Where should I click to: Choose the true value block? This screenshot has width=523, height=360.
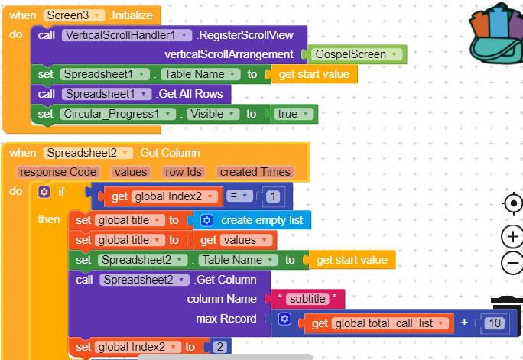(x=294, y=114)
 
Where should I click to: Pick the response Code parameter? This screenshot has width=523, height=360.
(x=58, y=172)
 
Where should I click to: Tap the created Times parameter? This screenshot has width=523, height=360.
(x=255, y=172)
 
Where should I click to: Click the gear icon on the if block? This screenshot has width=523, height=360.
(x=44, y=191)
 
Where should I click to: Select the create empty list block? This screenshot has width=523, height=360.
(x=253, y=220)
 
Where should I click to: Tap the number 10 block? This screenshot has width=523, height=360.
(x=495, y=323)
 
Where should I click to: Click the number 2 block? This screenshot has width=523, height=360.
(x=219, y=347)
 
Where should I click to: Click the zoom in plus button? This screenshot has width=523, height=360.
(x=512, y=236)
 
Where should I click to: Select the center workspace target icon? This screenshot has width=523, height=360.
(x=512, y=203)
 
